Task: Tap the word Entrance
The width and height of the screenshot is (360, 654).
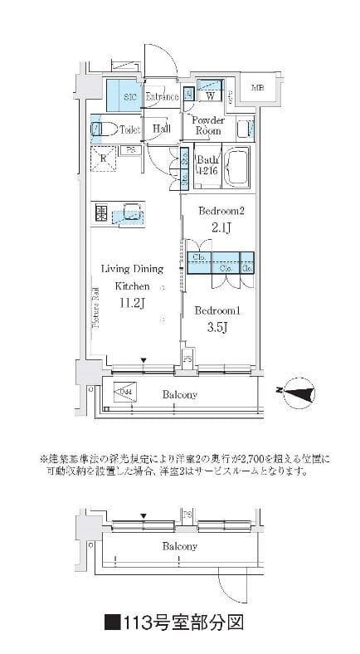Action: (161, 97)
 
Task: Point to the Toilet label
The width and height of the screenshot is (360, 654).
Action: (130, 129)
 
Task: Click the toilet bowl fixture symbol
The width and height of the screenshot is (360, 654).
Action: (100, 129)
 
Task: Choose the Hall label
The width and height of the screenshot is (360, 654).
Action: (162, 129)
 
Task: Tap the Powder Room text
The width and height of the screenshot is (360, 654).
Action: (207, 125)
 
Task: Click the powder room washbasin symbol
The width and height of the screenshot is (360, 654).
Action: (243, 128)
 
